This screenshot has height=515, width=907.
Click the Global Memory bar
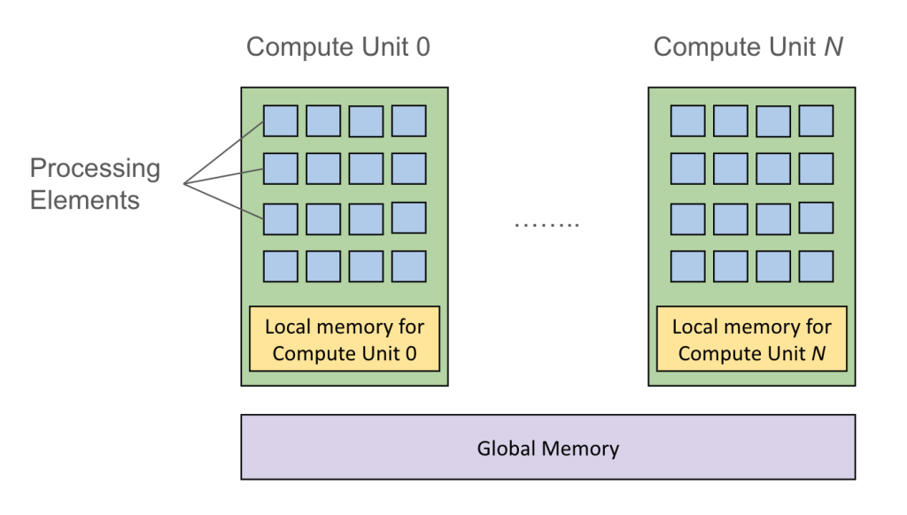547,447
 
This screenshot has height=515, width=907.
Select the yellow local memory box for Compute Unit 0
345,340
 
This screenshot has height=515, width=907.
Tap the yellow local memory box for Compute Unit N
752,340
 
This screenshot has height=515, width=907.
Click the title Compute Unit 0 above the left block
337,47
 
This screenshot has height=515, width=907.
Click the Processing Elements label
95,184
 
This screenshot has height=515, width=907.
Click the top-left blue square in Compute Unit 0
280,121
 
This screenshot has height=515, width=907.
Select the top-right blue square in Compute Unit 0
409,121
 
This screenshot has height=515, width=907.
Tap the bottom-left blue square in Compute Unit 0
280,265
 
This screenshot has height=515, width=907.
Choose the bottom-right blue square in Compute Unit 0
409,265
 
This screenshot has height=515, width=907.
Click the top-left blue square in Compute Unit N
687,121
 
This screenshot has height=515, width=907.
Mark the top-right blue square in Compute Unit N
816,121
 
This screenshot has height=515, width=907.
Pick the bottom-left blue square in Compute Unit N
687,265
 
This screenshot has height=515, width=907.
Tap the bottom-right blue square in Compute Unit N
816,265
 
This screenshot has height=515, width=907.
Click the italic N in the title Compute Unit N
833,47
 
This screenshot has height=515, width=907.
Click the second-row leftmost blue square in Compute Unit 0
280,168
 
